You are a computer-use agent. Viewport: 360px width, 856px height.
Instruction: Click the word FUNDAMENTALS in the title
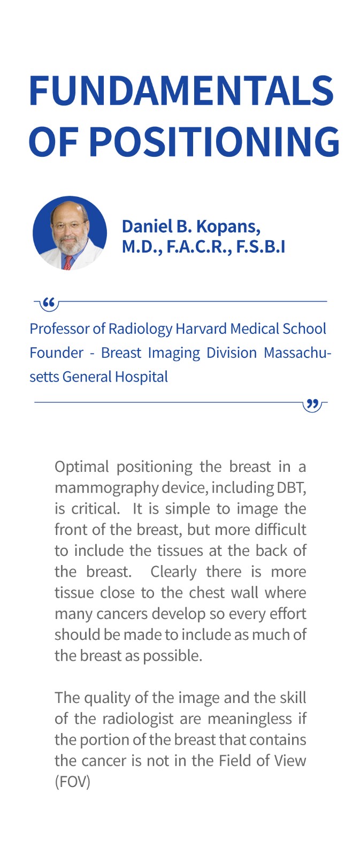coord(181,90)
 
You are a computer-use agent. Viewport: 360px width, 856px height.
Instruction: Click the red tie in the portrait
coord(68,263)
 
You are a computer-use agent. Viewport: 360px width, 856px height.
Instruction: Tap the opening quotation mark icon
coord(49,304)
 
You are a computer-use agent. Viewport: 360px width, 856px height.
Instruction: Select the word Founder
coord(57,353)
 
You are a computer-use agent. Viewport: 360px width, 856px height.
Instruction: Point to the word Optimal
coord(82,467)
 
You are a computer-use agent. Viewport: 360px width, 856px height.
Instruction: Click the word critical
coord(96,509)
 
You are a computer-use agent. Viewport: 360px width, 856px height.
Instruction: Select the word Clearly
coord(173,572)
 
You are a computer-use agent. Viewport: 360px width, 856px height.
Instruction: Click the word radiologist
coord(138,719)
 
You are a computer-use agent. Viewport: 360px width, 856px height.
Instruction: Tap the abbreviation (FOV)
coord(72,782)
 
